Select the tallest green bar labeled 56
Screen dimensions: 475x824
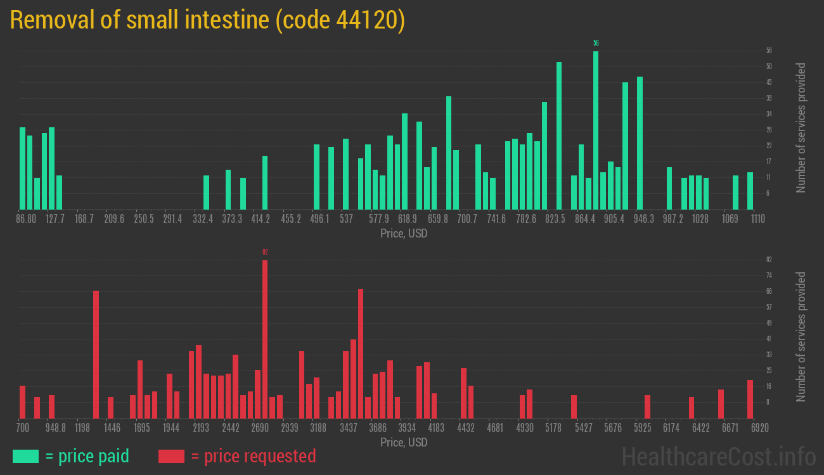(596, 130)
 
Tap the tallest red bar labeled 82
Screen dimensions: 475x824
(265, 339)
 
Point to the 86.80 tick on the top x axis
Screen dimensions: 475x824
(27, 219)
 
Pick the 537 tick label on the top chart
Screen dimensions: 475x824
(346, 219)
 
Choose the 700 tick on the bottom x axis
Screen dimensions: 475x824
(23, 427)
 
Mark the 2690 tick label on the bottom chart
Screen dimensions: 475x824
(260, 427)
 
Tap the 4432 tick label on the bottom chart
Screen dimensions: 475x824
(466, 427)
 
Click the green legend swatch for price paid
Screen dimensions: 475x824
(25, 456)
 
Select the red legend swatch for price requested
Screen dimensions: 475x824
(171, 456)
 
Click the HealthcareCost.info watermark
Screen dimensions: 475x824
(718, 456)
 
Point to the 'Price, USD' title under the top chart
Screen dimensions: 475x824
(404, 234)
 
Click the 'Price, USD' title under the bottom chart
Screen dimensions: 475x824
(404, 442)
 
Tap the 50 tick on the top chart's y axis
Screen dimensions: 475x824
(769, 66)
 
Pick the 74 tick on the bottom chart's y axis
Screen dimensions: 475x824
(769, 275)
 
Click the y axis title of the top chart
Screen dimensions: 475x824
(801, 127)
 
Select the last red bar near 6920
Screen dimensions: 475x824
(750, 399)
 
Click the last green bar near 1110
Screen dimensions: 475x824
(750, 191)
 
